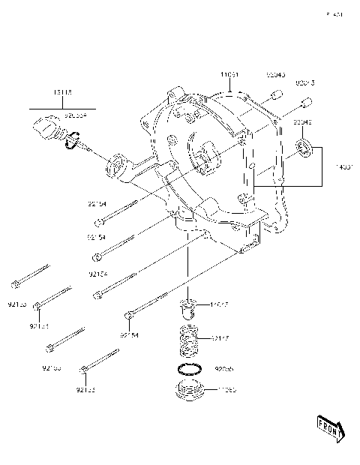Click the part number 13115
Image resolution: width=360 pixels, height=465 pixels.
64,92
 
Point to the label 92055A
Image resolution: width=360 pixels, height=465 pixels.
75,116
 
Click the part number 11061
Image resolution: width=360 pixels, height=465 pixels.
229,75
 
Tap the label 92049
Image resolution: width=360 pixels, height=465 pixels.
303,121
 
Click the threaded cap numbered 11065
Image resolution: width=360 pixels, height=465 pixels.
190,392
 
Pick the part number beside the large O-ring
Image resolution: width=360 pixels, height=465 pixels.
224,369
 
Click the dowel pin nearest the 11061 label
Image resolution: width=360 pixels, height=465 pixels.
275,94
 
